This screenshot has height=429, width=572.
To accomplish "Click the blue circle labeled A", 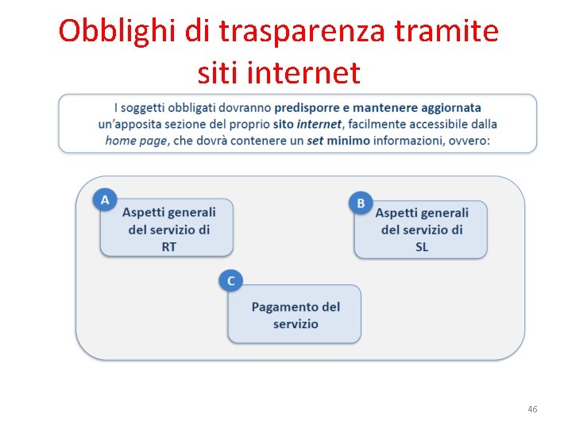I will (105, 200).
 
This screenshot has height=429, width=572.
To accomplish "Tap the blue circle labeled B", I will (361, 203).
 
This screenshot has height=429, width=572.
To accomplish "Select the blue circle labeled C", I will (231, 281).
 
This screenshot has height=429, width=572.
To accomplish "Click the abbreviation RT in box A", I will (168, 247).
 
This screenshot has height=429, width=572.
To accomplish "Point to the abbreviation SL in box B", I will (421, 247).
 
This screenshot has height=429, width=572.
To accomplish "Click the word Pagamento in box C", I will (286, 307).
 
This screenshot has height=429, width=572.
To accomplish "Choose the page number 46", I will (532, 409).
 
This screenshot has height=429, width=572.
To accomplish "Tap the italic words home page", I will (137, 141).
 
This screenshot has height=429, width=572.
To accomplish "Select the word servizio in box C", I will (296, 324).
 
